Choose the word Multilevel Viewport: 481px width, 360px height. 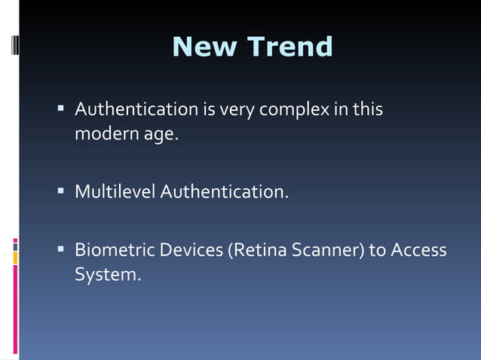pos(115,192)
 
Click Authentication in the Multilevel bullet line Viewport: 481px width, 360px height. pos(224,192)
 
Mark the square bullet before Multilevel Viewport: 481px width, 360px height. pos(61,191)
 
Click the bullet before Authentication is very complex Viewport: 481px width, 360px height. pos(61,109)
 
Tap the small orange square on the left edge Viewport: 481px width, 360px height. pos(15,258)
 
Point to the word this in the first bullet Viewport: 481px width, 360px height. pos(367,110)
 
